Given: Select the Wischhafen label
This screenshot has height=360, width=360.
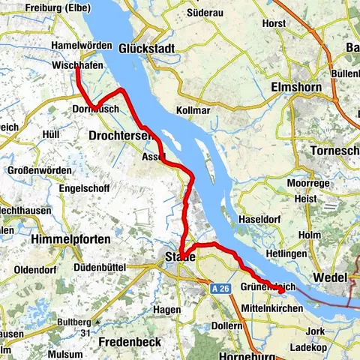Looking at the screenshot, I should (77, 67).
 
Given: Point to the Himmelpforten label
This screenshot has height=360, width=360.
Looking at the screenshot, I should (72, 238).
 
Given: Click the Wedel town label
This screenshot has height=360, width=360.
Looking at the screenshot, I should (329, 277).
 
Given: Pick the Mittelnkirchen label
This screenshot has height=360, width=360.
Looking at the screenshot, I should (273, 308).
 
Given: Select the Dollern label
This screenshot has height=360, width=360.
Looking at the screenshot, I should (226, 325).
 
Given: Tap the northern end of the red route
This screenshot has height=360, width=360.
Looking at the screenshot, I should (77, 73).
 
